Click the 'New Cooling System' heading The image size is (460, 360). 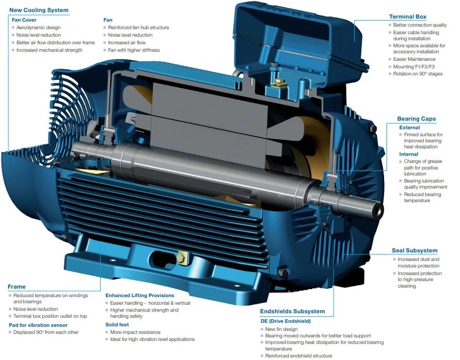point(39,10)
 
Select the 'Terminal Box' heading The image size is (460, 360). point(407,17)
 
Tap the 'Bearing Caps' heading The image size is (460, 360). point(416,119)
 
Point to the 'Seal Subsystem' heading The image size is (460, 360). point(415,250)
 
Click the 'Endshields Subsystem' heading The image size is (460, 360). point(293,312)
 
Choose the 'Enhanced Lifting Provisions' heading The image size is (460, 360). point(139,296)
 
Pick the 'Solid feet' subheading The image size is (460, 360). point(117,324)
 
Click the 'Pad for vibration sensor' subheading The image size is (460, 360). point(38,325)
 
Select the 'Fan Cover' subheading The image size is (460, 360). point(24,20)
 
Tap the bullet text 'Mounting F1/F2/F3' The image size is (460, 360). point(414,67)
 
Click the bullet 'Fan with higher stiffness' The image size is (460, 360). point(134,50)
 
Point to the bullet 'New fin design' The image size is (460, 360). point(281,329)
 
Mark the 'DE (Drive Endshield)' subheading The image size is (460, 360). point(285,321)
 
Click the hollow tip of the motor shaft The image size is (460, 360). point(379,209)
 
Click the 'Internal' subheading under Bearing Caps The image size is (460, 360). point(409,154)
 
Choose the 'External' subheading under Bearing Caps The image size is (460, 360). point(409,128)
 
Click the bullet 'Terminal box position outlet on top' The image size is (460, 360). point(50,316)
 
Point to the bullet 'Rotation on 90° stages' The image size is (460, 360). point(418,74)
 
